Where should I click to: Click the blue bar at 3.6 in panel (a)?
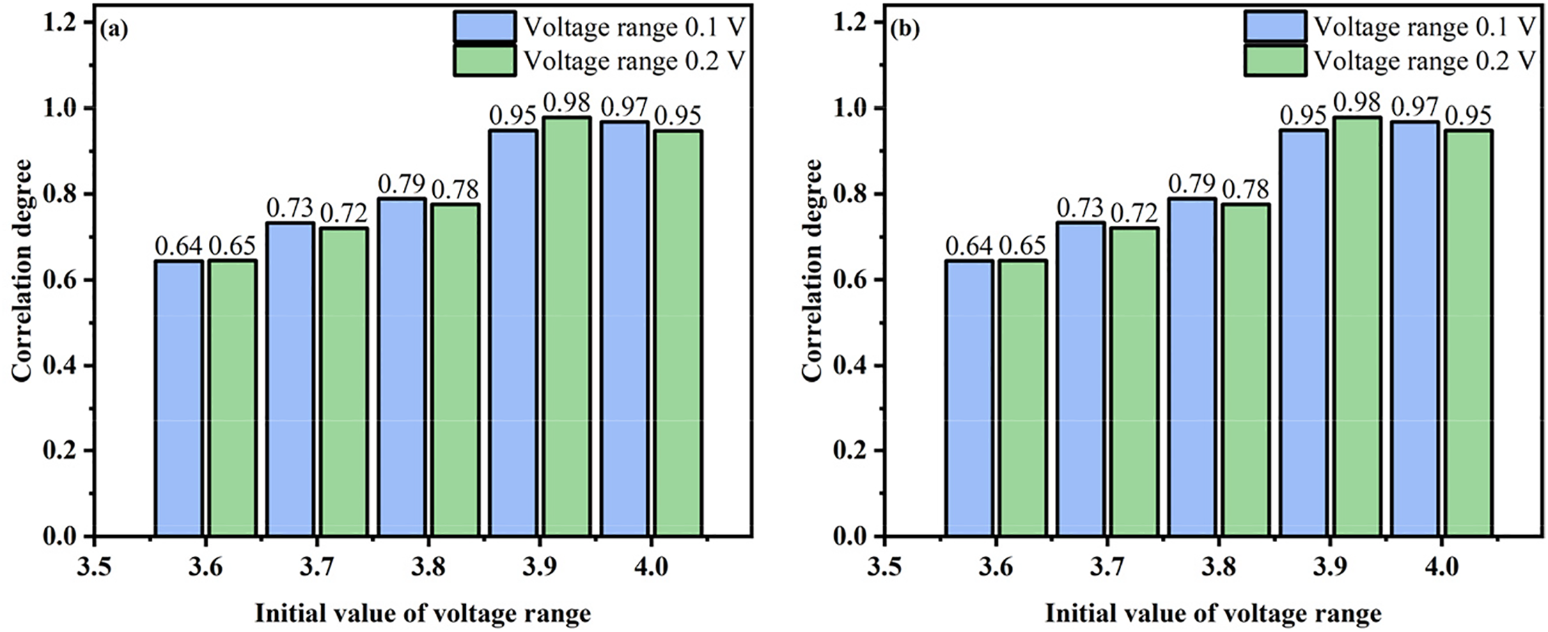click(179, 399)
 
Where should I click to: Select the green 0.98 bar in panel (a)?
click(566, 327)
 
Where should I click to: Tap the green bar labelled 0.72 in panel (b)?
click(1134, 382)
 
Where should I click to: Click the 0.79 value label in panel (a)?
click(402, 185)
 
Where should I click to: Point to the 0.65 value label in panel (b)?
click(1023, 246)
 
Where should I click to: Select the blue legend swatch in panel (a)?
click(485, 26)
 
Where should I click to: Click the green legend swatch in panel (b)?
click(1275, 61)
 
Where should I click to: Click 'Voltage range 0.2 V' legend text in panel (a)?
click(634, 61)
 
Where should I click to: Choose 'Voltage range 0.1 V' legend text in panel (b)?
click(1425, 26)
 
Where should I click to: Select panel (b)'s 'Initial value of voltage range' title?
click(1213, 614)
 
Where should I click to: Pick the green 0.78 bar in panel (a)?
click(455, 370)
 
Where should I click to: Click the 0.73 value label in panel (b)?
click(1080, 208)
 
